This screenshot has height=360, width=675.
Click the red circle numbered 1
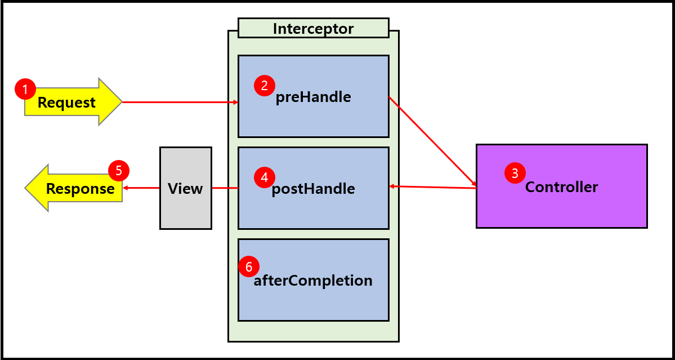click(25, 89)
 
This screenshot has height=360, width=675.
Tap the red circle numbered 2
click(265, 86)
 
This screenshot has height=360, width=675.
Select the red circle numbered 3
click(515, 173)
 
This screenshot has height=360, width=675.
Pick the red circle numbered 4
click(265, 177)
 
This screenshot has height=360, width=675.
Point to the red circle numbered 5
click(119, 171)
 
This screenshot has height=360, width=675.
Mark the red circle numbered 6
click(249, 266)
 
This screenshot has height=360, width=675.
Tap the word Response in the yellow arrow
click(81, 189)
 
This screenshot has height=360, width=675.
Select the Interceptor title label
click(313, 29)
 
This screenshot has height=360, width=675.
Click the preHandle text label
click(313, 97)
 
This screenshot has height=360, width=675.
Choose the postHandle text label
click(313, 189)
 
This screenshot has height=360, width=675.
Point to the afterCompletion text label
click(313, 281)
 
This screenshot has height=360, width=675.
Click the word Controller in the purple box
click(561, 187)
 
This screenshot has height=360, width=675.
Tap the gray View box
click(185, 188)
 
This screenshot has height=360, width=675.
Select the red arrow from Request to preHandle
click(180, 102)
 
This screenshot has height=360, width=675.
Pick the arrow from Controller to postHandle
click(432, 187)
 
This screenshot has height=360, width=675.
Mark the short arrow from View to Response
click(141, 188)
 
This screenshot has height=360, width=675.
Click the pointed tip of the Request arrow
click(120, 102)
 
